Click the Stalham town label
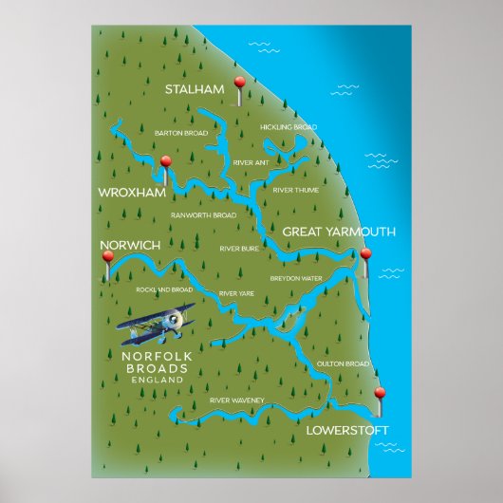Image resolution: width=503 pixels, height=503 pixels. click(194, 89)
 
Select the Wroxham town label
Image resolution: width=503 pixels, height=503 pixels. click(132, 193)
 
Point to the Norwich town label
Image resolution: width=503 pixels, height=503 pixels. click(130, 246)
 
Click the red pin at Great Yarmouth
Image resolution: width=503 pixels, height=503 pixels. click(365, 254)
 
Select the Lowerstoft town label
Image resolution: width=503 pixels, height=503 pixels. click(347, 430)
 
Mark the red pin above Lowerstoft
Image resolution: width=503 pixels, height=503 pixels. click(380, 394)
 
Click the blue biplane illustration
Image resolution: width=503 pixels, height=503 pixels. click(158, 326)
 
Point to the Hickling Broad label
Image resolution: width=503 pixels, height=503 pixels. click(289, 126)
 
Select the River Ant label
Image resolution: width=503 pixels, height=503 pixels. click(251, 162)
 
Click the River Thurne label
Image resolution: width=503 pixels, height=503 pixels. click(295, 190)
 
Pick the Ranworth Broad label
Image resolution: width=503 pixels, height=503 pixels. click(203, 215)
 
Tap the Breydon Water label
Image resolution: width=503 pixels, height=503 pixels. click(297, 278)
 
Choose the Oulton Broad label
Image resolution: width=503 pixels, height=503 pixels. click(341, 363)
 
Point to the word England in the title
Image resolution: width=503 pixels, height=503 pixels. click(158, 380)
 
